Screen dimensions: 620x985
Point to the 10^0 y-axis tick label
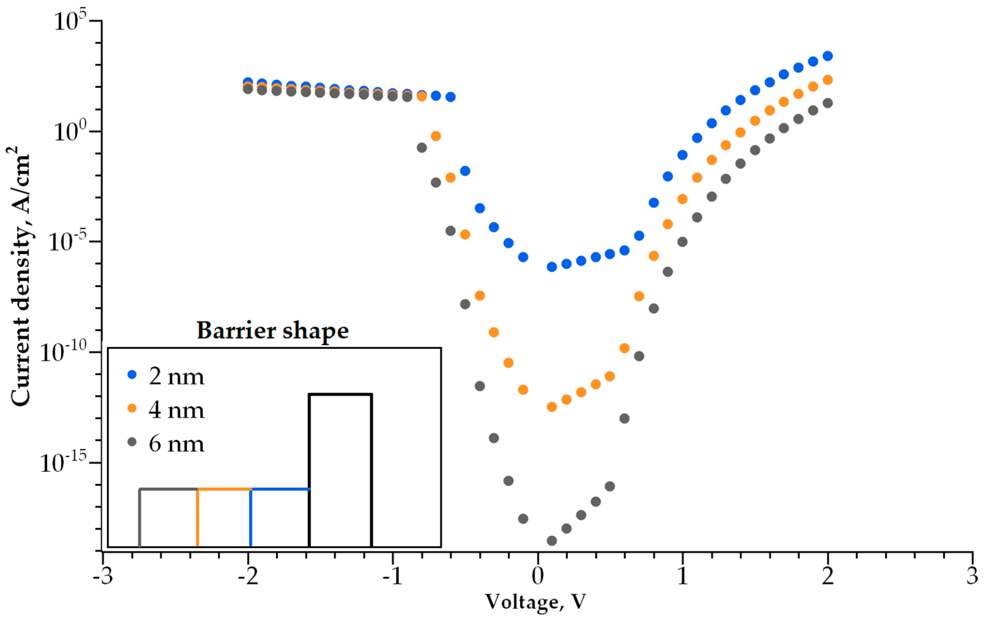coord(70,131)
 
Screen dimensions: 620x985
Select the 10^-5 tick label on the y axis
coord(67,241)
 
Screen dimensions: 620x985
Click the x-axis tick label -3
coord(103,576)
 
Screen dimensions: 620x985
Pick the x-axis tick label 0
coord(537,576)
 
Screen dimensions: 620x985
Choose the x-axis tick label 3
coord(972,576)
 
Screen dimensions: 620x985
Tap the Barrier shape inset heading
coord(272,330)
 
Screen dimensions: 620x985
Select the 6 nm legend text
coord(176,444)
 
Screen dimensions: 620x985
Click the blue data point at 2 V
coord(828,56)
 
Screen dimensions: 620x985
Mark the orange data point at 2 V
coord(828,80)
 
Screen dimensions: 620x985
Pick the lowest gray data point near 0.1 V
coord(552,541)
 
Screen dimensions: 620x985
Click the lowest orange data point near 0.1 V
coord(552,407)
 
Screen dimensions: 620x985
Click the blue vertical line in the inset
coord(251,518)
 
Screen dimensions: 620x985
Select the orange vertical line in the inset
coord(198,518)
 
